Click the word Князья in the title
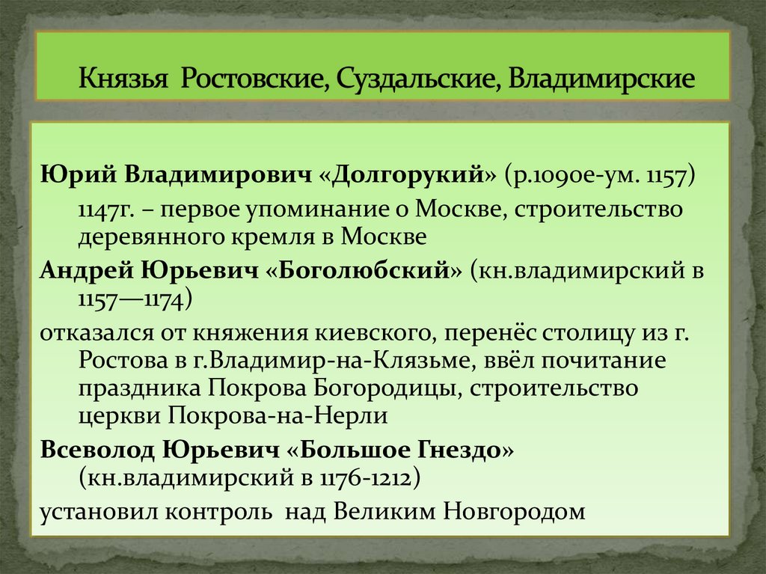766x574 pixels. click(x=123, y=79)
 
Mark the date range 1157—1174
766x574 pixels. click(x=135, y=299)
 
